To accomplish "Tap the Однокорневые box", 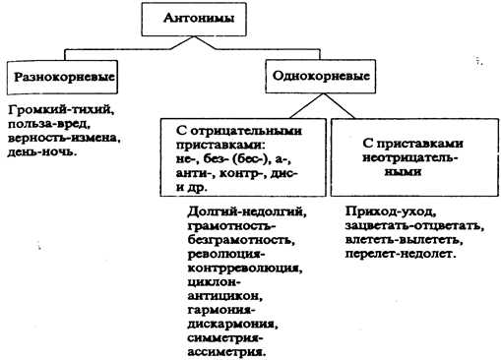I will pyautogui.click(x=316, y=74).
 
